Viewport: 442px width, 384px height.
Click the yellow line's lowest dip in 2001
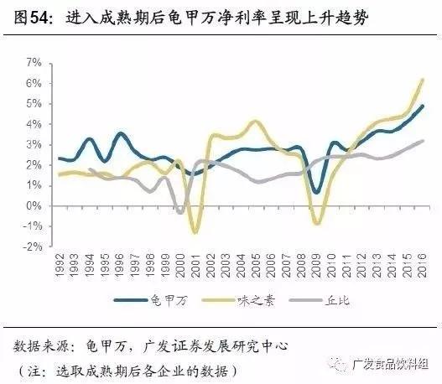(x=195, y=232)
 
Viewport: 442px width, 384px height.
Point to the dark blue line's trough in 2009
(x=317, y=192)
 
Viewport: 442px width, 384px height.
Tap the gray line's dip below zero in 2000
(x=179, y=212)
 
